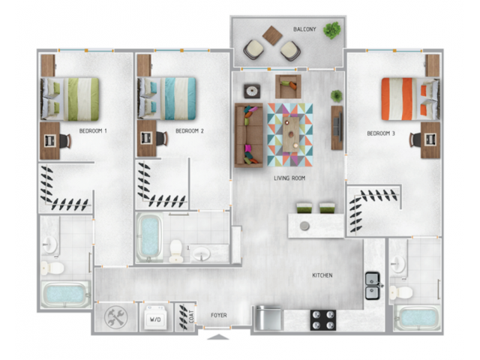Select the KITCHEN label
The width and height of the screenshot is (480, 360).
(x=322, y=275)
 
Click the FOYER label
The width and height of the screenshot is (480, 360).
(x=218, y=315)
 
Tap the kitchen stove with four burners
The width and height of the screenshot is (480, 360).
(x=323, y=319)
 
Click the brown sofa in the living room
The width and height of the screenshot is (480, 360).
(x=248, y=135)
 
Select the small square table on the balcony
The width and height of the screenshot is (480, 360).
(x=272, y=34)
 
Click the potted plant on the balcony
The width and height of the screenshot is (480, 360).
(x=331, y=31)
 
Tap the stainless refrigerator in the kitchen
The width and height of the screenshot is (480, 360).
(x=268, y=319)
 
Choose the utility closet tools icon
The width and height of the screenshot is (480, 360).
(x=116, y=316)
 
